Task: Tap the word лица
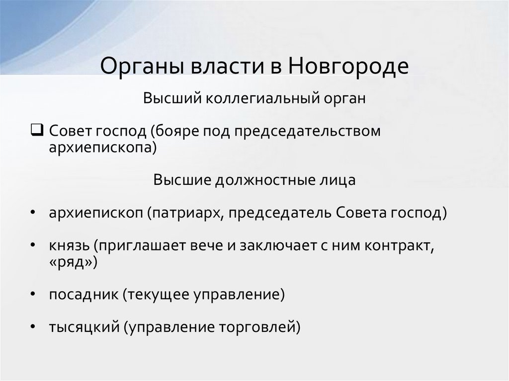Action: [x=339, y=179]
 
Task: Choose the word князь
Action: [x=69, y=246]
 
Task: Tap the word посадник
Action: [x=82, y=294]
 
